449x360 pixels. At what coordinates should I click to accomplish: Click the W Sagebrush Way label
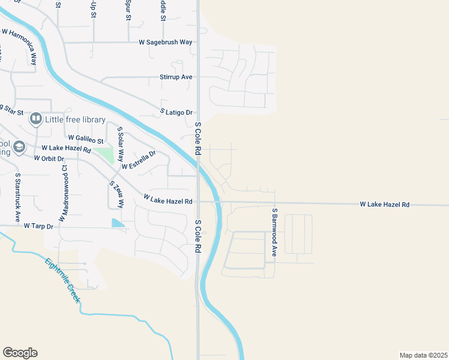(165, 43)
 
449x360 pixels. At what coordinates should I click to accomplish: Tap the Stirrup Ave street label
(176, 77)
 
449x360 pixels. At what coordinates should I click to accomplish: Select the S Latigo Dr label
(176, 112)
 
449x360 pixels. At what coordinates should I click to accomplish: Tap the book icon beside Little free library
(36, 119)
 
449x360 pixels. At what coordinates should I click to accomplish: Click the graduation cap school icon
(19, 146)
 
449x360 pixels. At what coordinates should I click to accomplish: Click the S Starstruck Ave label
(17, 198)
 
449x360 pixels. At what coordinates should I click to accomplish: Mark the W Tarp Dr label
(39, 226)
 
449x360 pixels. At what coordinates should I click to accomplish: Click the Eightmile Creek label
(62, 280)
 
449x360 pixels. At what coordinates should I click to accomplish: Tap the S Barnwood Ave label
(274, 233)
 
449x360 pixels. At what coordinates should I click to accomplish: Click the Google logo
(20, 353)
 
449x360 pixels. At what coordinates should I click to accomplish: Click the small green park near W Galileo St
(104, 154)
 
